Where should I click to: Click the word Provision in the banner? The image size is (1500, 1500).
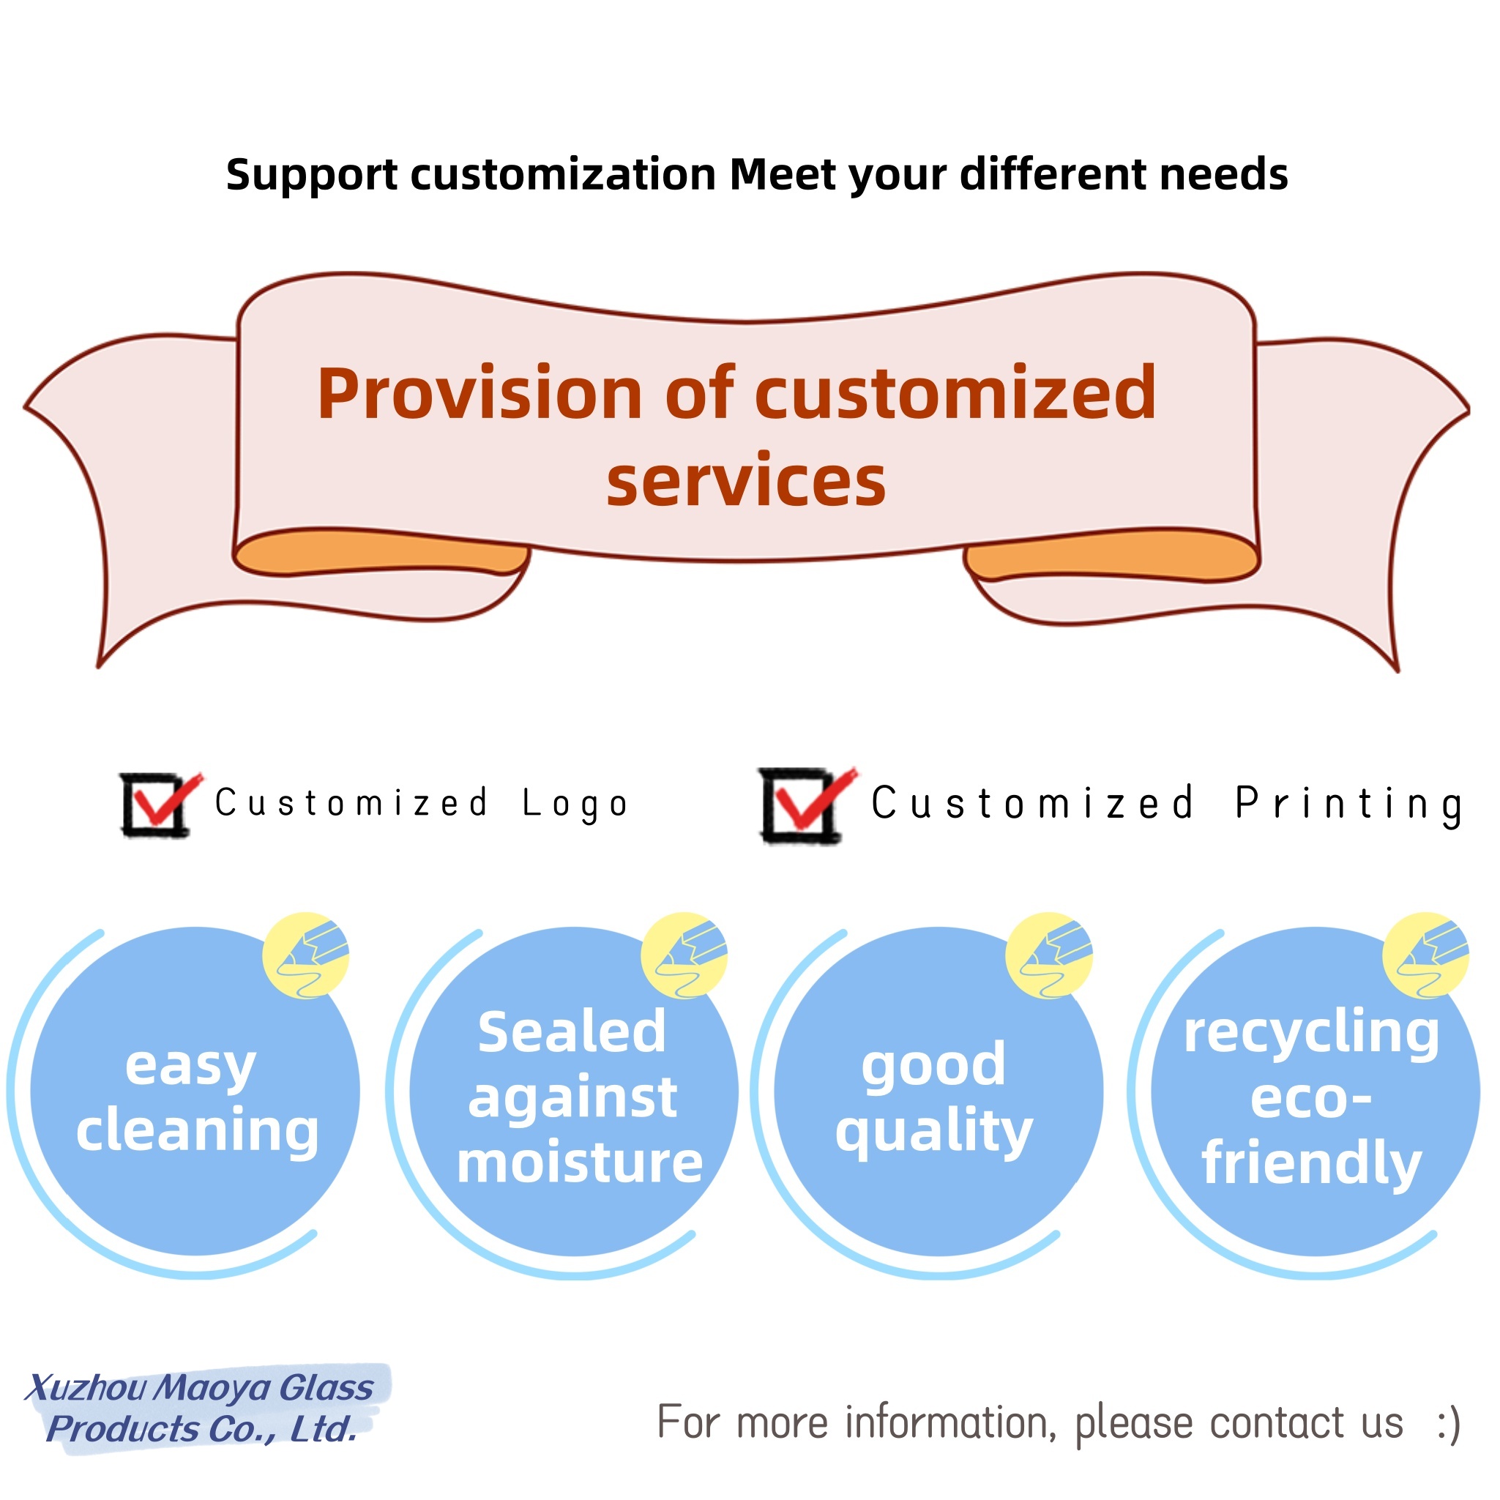479,395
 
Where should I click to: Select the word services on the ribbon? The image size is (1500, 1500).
745,482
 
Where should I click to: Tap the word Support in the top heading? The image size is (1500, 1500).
311,176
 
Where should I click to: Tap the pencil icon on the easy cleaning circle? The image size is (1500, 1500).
306,955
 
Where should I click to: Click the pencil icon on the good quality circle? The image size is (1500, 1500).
1049,955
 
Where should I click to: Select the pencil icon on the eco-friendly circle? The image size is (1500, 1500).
1425,955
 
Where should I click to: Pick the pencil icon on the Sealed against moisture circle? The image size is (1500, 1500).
684,955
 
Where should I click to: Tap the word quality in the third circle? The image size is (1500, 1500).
934,1132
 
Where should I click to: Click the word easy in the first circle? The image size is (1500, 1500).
190,1067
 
